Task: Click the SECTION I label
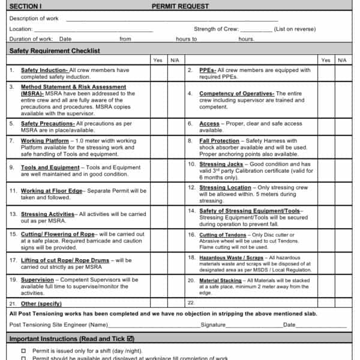point(25,6)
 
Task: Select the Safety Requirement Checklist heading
point(55,51)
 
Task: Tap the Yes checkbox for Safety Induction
point(158,73)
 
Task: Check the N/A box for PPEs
point(341,73)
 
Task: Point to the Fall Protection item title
point(219,141)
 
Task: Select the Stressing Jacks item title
point(221,164)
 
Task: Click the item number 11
point(13,191)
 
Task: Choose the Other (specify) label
point(41,304)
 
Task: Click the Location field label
point(21,29)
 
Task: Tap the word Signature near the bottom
point(213,325)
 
